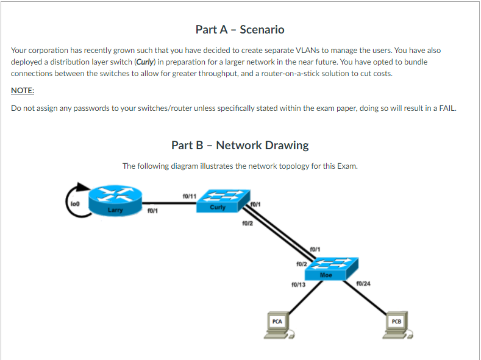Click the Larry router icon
pyautogui.click(x=115, y=200)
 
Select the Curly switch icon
pyautogui.click(x=223, y=201)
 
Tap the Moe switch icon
pyautogui.click(x=331, y=269)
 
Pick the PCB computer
pyautogui.click(x=397, y=325)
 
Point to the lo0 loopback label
pyautogui.click(x=75, y=203)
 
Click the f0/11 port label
pyautogui.click(x=189, y=196)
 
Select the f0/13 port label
pyautogui.click(x=298, y=284)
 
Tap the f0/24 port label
pyautogui.click(x=363, y=283)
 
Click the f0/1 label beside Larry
pyautogui.click(x=152, y=211)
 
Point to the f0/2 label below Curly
pyautogui.click(x=248, y=224)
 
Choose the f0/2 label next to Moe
pyautogui.click(x=302, y=264)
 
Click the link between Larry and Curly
pyautogui.click(x=169, y=203)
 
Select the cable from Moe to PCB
pyautogui.click(x=365, y=297)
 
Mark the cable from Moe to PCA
pyautogui.click(x=305, y=297)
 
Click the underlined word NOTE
pyautogui.click(x=23, y=90)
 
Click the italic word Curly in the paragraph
pyautogui.click(x=145, y=62)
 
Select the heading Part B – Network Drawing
pyautogui.click(x=240, y=145)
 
